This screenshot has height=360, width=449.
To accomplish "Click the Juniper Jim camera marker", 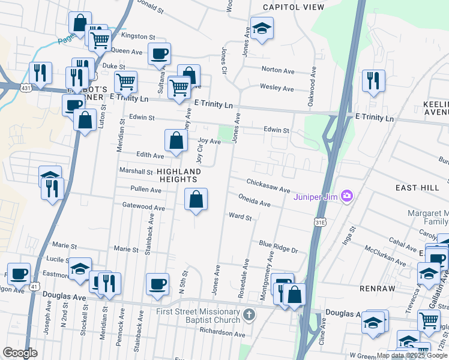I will (x=346, y=196).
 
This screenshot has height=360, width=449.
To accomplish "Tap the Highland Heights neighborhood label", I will (x=179, y=176).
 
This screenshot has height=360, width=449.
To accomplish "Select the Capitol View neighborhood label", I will (x=294, y=7).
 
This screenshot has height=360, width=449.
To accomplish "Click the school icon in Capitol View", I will (x=262, y=28).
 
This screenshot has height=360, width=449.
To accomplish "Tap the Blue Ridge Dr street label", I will (x=279, y=247).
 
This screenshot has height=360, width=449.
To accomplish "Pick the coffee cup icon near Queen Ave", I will (x=159, y=53).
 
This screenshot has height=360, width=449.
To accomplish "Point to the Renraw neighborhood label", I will (x=376, y=288).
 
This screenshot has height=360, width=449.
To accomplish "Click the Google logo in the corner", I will (x=20, y=353).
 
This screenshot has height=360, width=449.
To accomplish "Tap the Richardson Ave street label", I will (x=223, y=334).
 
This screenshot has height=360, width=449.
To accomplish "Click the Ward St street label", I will (x=240, y=216).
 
